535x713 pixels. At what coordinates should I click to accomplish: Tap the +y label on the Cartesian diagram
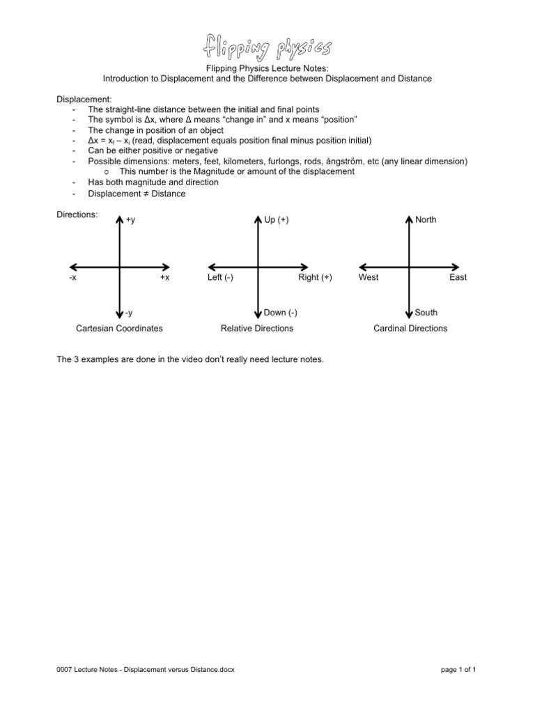131,220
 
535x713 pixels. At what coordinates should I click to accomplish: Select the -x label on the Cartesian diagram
73,277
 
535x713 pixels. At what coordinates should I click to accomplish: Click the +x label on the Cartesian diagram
164,277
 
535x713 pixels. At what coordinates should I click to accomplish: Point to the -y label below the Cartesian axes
130,313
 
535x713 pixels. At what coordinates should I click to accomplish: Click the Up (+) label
277,220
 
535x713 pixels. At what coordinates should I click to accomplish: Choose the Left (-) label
220,277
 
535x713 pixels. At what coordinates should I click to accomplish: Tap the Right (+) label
315,277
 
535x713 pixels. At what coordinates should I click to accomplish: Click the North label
426,220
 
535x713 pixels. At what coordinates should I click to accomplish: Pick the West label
369,277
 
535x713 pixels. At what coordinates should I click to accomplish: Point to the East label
458,277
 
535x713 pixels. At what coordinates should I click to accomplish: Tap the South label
426,313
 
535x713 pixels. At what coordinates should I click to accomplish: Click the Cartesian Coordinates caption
119,328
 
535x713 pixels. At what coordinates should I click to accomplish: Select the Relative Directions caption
257,328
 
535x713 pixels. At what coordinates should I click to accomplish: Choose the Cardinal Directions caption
410,328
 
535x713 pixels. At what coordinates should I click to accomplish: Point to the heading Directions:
77,215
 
